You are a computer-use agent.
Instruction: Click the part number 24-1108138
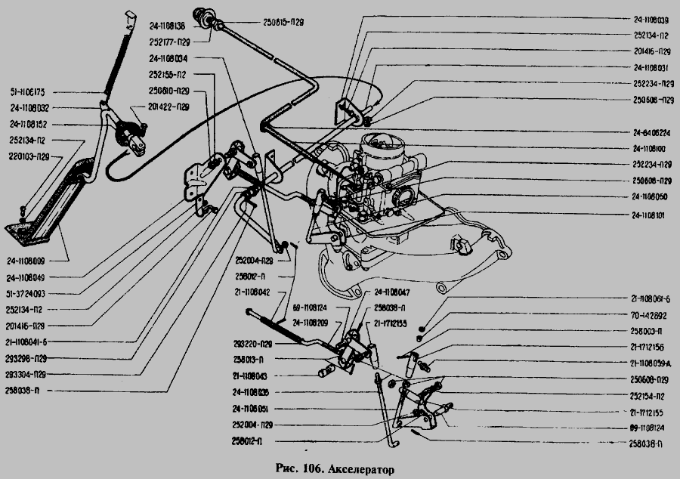point(171,26)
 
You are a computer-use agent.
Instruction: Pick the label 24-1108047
point(391,291)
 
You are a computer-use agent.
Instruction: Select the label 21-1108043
point(253,375)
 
